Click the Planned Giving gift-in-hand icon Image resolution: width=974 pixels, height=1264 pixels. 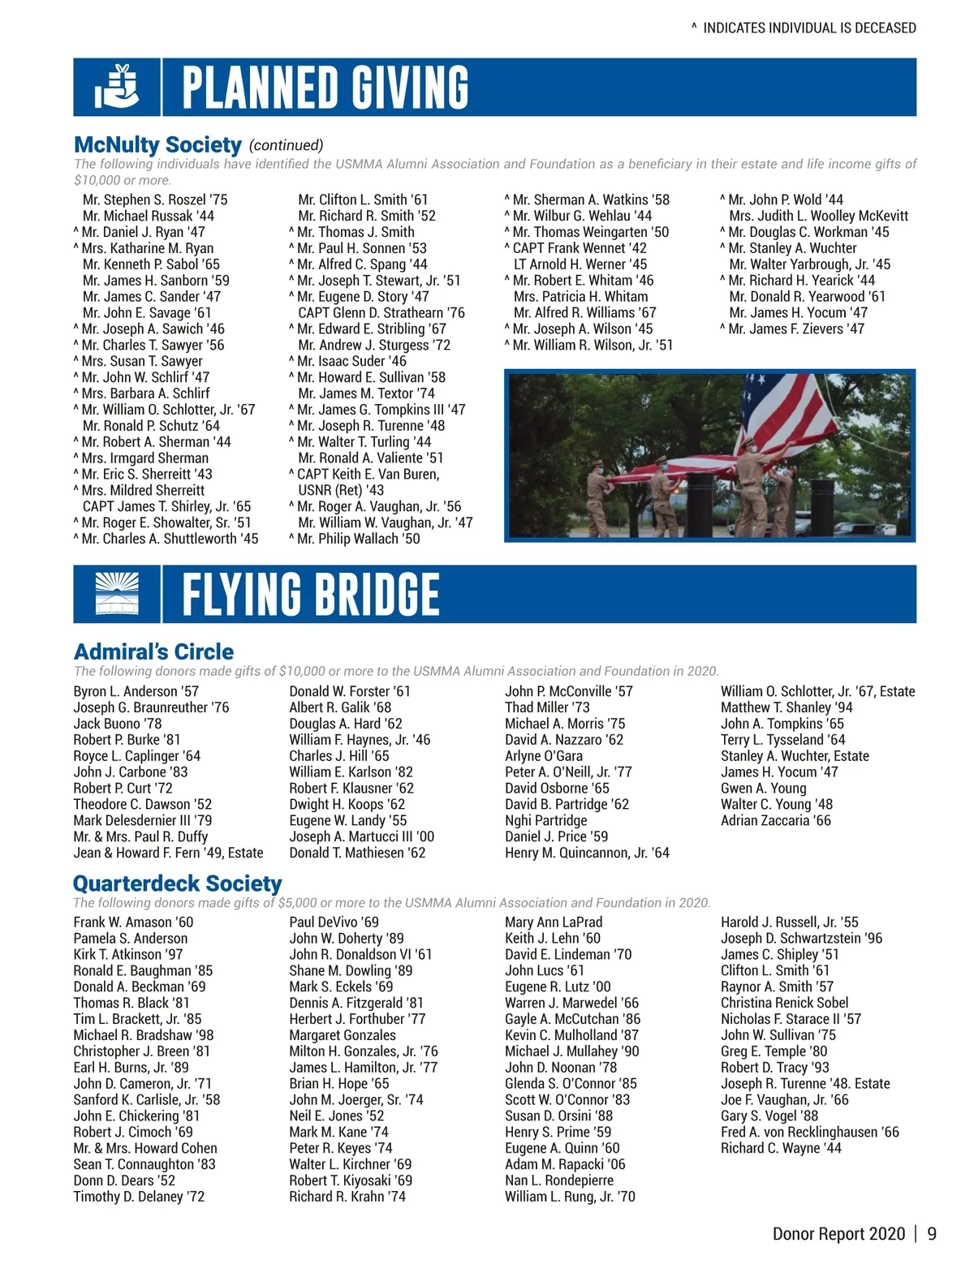point(117,87)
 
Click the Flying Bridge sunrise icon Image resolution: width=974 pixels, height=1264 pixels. point(117,594)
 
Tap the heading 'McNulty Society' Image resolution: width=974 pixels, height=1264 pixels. point(157,145)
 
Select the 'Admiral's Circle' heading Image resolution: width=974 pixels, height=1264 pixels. point(153,651)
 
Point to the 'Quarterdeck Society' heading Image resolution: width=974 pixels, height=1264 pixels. point(177,884)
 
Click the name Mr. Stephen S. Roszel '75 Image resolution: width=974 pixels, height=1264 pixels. point(154,200)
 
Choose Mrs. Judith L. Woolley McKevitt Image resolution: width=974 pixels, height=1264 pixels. point(818,216)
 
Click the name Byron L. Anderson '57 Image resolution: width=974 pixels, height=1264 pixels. point(136,691)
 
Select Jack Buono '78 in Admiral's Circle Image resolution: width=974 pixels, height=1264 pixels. point(118,724)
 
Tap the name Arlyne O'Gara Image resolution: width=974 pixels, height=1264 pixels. point(544,756)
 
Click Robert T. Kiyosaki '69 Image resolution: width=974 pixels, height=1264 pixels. point(351,1180)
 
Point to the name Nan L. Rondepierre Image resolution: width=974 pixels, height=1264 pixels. point(558,1180)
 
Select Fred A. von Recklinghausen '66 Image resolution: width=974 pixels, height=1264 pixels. point(809,1132)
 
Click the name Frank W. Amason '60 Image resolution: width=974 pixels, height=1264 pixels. point(133,922)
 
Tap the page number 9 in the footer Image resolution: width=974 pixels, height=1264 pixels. point(932,1234)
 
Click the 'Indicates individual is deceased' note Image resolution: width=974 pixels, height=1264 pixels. point(804,28)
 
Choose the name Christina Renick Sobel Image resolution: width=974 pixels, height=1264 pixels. point(784,1003)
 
